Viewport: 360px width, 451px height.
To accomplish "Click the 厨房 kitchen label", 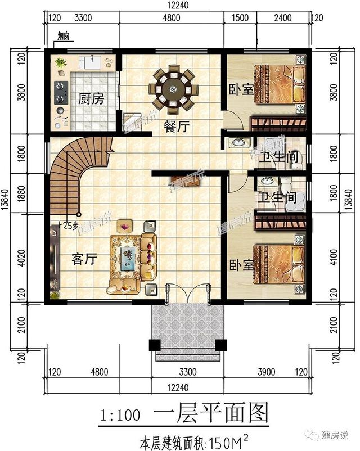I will (91, 100).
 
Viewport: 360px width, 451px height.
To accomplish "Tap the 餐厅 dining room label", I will (175, 127).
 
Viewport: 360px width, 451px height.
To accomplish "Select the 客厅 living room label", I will (85, 259).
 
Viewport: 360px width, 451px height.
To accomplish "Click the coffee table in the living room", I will (129, 256).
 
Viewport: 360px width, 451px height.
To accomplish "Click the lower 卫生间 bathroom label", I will (277, 198).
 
